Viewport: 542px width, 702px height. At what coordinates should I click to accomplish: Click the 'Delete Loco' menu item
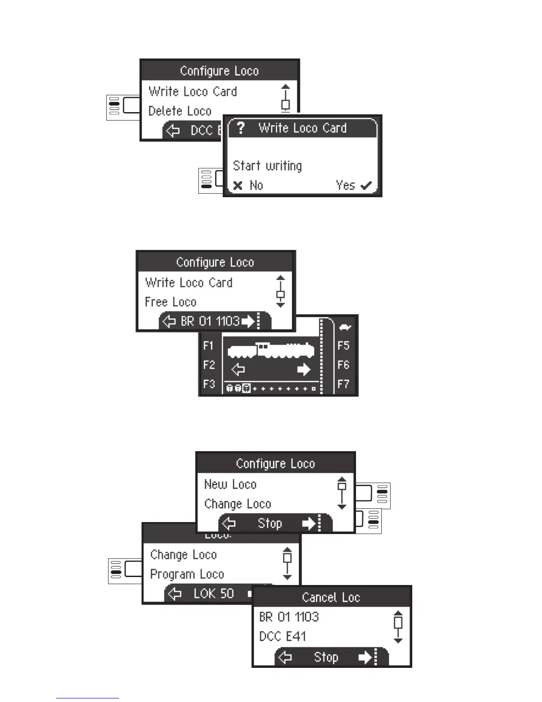tap(180, 111)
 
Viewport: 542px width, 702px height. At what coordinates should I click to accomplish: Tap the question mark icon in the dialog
tap(240, 128)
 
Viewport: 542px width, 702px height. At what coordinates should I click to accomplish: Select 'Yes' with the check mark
tap(353, 185)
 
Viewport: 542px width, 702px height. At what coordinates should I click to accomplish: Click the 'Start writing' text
tap(267, 166)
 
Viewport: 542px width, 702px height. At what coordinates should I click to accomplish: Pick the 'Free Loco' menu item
tap(170, 302)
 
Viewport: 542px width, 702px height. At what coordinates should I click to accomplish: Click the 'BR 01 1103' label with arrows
tap(210, 321)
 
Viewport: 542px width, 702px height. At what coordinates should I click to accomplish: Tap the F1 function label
tap(209, 346)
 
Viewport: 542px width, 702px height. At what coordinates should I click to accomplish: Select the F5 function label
tap(344, 346)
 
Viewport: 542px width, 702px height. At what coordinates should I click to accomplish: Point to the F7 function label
tap(344, 384)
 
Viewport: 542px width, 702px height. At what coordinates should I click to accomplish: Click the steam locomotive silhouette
tap(271, 351)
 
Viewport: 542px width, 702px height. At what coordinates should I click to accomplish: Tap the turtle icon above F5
tap(345, 328)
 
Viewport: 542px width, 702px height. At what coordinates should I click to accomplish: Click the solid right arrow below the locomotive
tap(304, 370)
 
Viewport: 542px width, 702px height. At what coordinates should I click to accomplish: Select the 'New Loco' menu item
tap(230, 484)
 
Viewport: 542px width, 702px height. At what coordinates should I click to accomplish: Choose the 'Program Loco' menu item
tap(187, 574)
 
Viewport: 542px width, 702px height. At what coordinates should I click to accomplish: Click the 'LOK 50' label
tap(213, 593)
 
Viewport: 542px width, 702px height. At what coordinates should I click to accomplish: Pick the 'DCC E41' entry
tap(283, 636)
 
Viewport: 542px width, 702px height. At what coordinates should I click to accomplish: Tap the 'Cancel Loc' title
tap(331, 597)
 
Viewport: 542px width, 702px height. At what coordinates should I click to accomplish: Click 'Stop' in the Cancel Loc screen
tap(326, 657)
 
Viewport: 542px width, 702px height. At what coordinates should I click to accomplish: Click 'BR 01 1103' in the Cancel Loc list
tap(289, 617)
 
